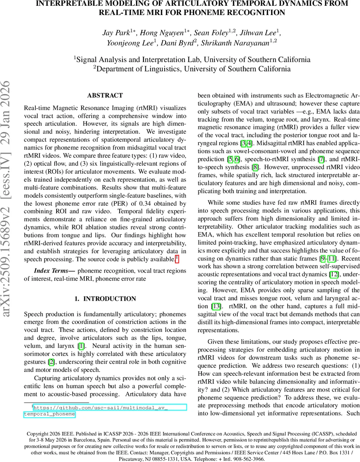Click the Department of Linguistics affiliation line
click(192, 69)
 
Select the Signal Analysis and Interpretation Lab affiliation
click(192, 59)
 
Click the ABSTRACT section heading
click(105, 95)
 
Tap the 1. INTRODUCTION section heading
click(105, 299)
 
